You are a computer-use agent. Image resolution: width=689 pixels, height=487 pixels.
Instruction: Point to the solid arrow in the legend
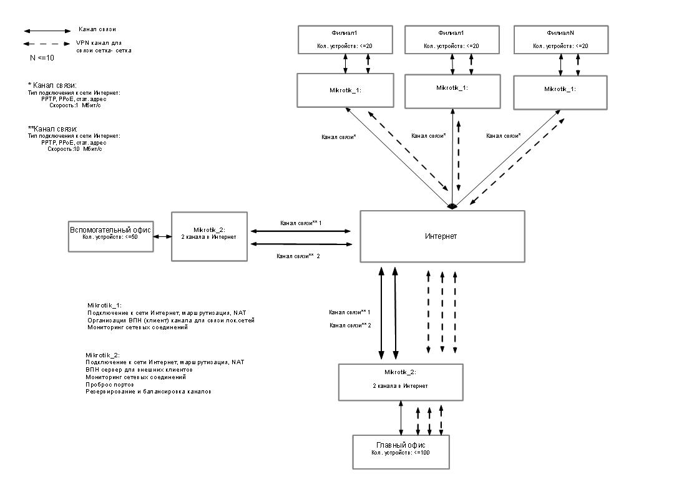pos(47,31)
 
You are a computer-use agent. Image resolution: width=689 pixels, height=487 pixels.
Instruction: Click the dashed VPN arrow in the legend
pos(47,44)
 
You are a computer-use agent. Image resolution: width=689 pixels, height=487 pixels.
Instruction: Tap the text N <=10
pos(42,57)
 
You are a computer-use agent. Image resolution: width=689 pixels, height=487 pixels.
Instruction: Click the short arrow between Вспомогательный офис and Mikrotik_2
pos(163,237)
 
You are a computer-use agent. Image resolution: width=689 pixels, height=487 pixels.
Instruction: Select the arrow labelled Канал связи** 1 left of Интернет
pos(301,231)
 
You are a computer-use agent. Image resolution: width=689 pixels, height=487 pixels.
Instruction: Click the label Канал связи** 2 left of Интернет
pos(298,256)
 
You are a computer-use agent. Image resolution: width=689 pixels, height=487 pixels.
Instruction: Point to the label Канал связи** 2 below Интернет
pos(350,325)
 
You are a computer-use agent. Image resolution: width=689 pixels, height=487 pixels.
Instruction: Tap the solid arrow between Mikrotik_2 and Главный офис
pos(401,418)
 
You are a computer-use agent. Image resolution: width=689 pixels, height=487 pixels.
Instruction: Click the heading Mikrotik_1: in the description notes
pos(105,305)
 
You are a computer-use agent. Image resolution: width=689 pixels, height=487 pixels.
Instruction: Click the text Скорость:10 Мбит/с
pos(75,149)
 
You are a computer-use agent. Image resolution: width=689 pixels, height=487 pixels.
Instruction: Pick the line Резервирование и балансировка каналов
pos(149,391)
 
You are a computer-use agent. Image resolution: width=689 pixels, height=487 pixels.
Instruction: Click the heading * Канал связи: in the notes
pos(52,85)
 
